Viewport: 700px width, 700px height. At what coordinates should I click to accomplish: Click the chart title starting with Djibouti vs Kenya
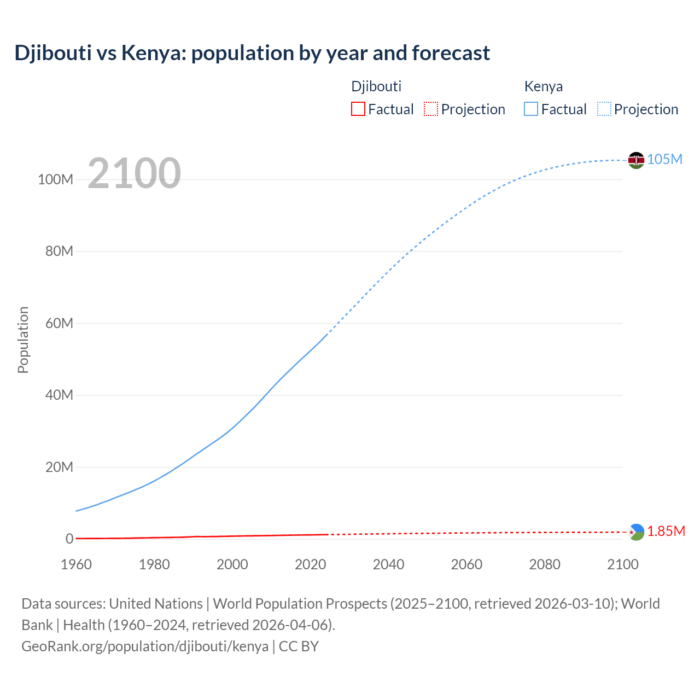(x=252, y=53)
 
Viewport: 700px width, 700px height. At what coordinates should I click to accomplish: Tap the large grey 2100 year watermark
(x=134, y=173)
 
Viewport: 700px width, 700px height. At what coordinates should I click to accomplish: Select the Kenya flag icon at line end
(x=636, y=160)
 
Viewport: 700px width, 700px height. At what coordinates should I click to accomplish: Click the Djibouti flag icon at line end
(x=636, y=532)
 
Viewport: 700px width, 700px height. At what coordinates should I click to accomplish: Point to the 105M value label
(x=664, y=159)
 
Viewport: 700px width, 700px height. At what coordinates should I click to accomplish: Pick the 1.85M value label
(x=666, y=532)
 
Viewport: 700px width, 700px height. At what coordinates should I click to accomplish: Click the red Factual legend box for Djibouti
(x=358, y=109)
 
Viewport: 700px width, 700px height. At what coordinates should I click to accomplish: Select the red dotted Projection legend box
(x=431, y=109)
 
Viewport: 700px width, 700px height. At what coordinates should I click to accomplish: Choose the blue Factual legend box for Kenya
(x=531, y=109)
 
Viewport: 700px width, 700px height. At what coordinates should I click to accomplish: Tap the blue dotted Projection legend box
(x=604, y=109)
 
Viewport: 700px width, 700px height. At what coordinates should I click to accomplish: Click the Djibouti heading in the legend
(x=376, y=86)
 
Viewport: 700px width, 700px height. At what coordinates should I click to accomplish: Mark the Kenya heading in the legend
(x=543, y=86)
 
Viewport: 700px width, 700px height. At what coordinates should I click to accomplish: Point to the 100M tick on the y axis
(x=55, y=180)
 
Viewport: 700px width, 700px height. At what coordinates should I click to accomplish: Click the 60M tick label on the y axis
(x=59, y=323)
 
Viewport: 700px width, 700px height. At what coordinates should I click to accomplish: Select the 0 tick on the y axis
(x=69, y=539)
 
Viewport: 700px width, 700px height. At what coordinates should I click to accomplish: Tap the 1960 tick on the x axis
(x=76, y=564)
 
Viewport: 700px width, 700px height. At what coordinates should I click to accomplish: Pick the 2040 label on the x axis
(x=388, y=564)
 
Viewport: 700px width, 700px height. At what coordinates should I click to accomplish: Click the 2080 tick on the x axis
(x=545, y=564)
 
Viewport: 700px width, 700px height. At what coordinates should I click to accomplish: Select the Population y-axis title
(x=23, y=340)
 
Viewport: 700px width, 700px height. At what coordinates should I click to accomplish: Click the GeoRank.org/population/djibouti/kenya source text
(x=145, y=646)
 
